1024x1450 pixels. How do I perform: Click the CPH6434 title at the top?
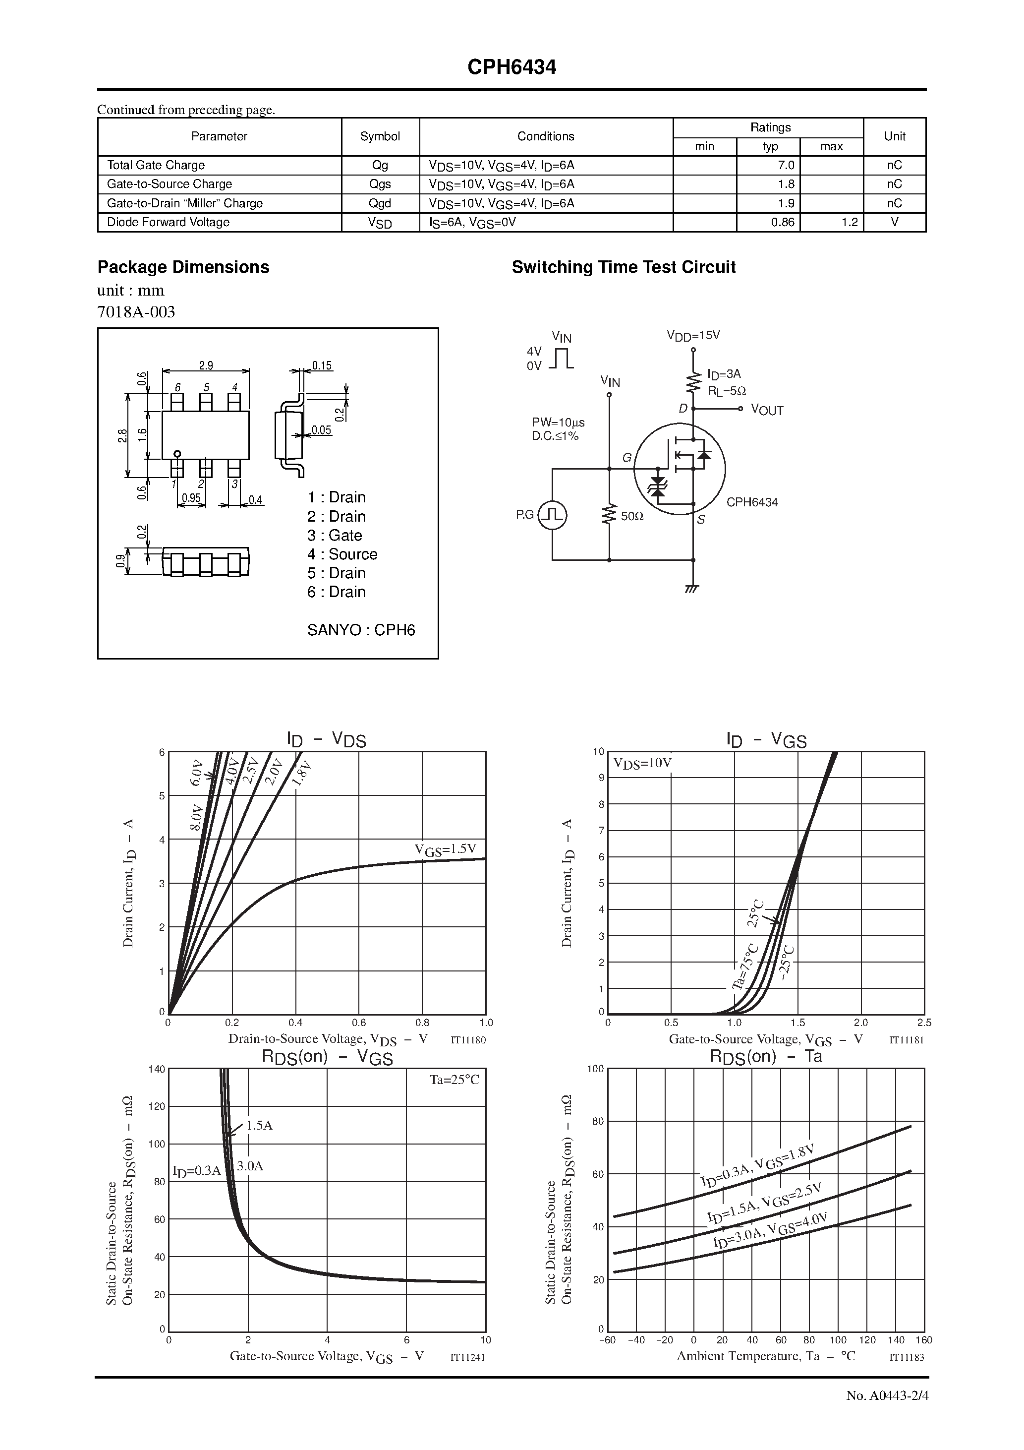click(512, 67)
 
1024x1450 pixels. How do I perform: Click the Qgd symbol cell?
click(380, 203)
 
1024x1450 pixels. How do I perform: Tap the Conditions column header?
click(546, 136)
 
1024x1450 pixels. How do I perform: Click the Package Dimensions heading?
click(183, 267)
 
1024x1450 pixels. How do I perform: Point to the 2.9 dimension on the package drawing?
click(206, 365)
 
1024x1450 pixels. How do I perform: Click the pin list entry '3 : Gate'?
click(335, 536)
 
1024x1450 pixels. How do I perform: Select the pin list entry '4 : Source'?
click(342, 554)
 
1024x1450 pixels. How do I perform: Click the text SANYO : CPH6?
click(361, 630)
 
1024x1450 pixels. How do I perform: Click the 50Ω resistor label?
click(632, 516)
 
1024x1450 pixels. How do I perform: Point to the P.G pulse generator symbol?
click(553, 515)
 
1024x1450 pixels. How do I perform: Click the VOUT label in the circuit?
click(767, 411)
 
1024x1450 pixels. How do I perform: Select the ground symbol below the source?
click(692, 589)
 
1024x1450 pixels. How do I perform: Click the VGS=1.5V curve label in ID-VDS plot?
click(445, 849)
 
